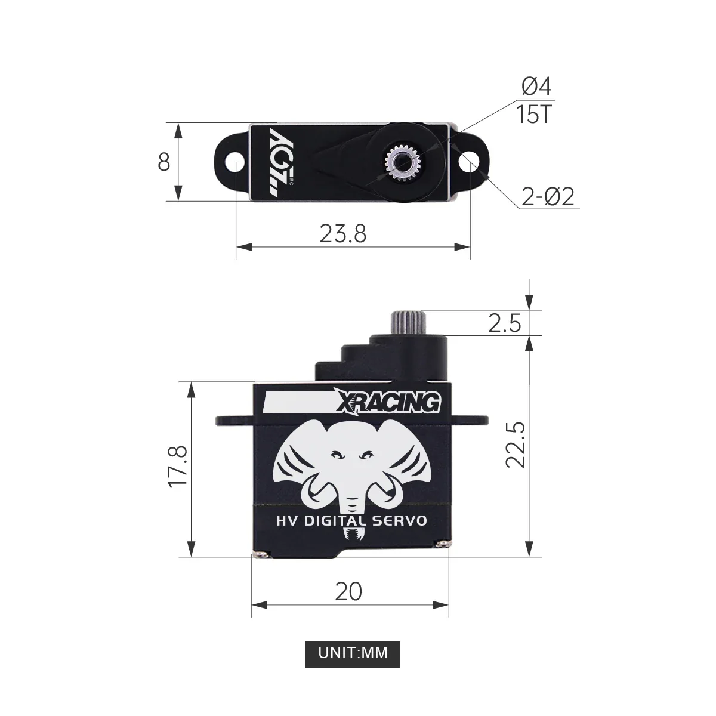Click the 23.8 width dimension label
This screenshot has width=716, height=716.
click(342, 234)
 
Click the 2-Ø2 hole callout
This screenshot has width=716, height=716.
click(548, 196)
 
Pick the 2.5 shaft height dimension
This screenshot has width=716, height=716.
click(504, 323)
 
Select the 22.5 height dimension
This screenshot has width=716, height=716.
click(515, 445)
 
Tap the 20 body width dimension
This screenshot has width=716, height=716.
click(348, 591)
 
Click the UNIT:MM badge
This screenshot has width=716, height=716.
click(352, 652)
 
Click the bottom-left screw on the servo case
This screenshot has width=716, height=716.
click(260, 555)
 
